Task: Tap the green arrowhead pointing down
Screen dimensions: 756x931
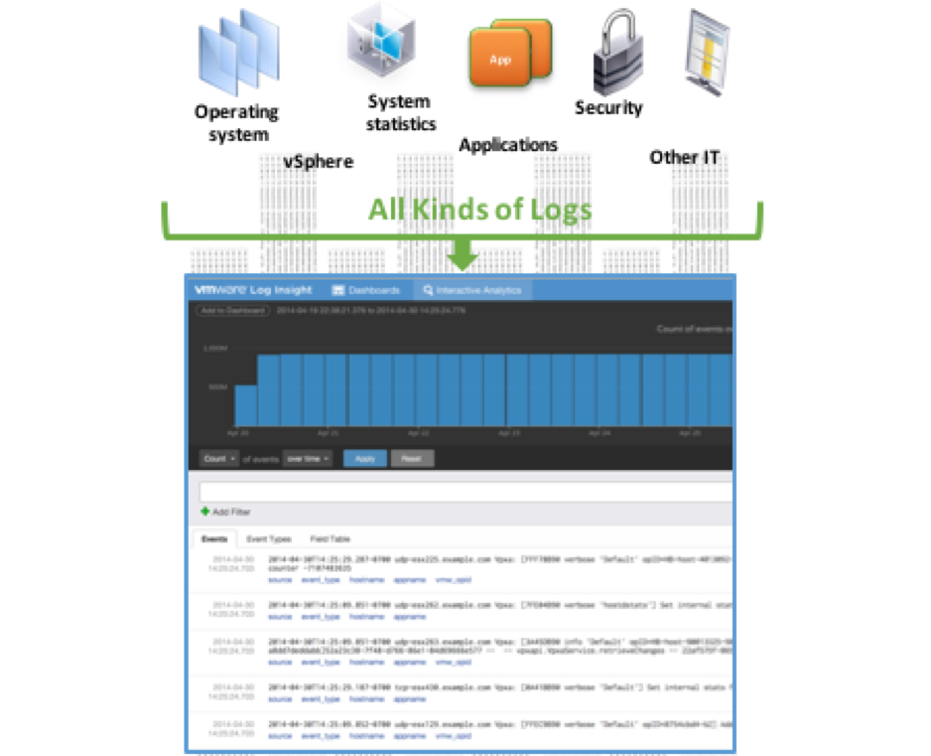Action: pyautogui.click(x=463, y=260)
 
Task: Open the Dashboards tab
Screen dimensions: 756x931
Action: pyautogui.click(x=366, y=290)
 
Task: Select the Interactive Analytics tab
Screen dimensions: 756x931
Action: pyautogui.click(x=472, y=290)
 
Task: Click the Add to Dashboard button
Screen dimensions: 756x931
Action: pyautogui.click(x=232, y=311)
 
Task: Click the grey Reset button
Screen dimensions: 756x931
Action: pyautogui.click(x=412, y=459)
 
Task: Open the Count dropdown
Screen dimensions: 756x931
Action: pyautogui.click(x=218, y=459)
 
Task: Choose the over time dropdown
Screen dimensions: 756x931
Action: pyautogui.click(x=307, y=459)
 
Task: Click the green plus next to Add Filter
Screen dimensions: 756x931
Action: pyautogui.click(x=205, y=512)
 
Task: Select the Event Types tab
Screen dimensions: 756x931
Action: pyautogui.click(x=268, y=538)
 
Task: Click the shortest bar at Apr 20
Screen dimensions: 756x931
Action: pyautogui.click(x=245, y=405)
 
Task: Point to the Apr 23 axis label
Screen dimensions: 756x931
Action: pyautogui.click(x=508, y=433)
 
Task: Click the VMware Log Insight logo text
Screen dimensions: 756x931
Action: pyautogui.click(x=252, y=290)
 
